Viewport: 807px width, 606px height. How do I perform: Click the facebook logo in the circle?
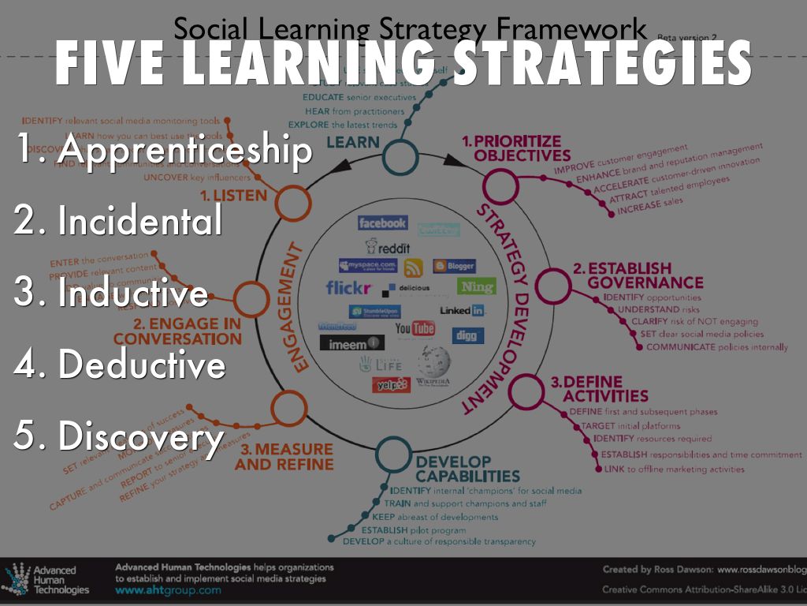pyautogui.click(x=382, y=223)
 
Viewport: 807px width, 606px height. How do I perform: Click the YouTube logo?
pyautogui.click(x=415, y=327)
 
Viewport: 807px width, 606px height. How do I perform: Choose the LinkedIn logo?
pyautogui.click(x=462, y=310)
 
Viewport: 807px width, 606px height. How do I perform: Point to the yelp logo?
pyautogui.click(x=391, y=384)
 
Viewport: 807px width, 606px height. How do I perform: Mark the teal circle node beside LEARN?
pyautogui.click(x=402, y=157)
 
